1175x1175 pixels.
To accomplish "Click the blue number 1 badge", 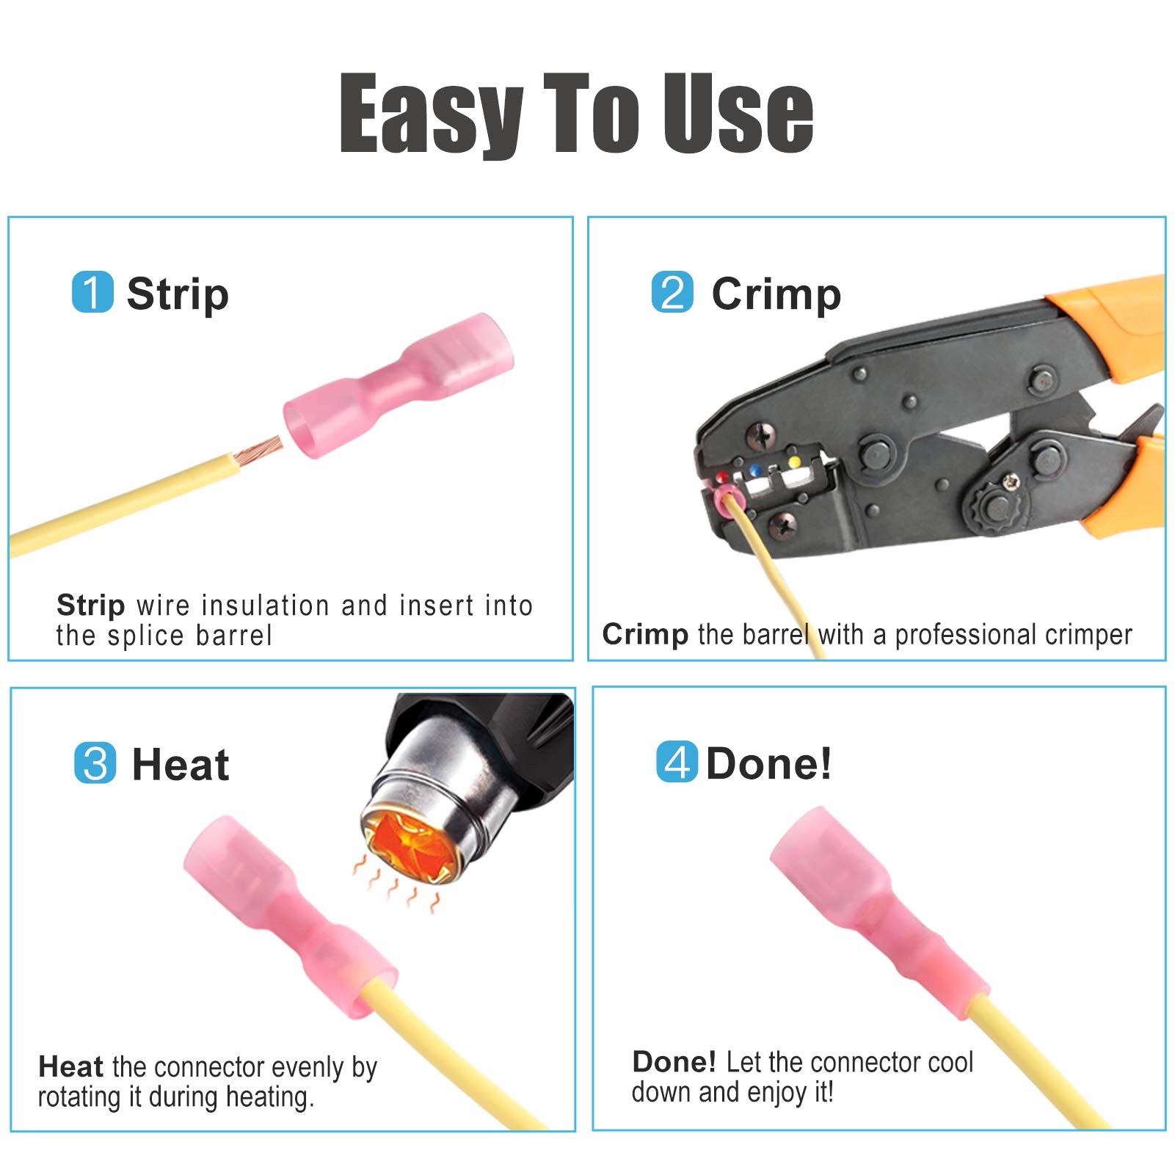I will (92, 292).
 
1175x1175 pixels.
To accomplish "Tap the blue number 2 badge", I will (672, 292).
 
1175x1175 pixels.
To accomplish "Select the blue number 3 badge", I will (95, 763).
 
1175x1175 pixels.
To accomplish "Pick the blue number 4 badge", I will (677, 762).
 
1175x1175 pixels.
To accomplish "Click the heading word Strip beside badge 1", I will (178, 294).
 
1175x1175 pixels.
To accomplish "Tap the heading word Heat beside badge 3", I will (181, 765).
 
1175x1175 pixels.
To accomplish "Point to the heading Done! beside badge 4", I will (768, 763).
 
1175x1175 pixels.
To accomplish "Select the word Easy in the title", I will (432, 114).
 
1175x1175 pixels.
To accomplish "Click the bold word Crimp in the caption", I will (645, 634).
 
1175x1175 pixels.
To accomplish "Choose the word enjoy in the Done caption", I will (777, 1093).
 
